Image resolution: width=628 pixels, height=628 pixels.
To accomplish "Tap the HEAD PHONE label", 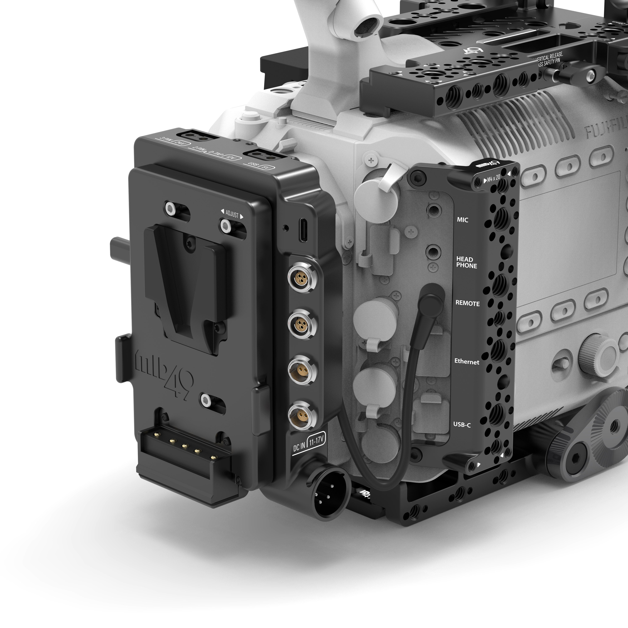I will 466,262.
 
